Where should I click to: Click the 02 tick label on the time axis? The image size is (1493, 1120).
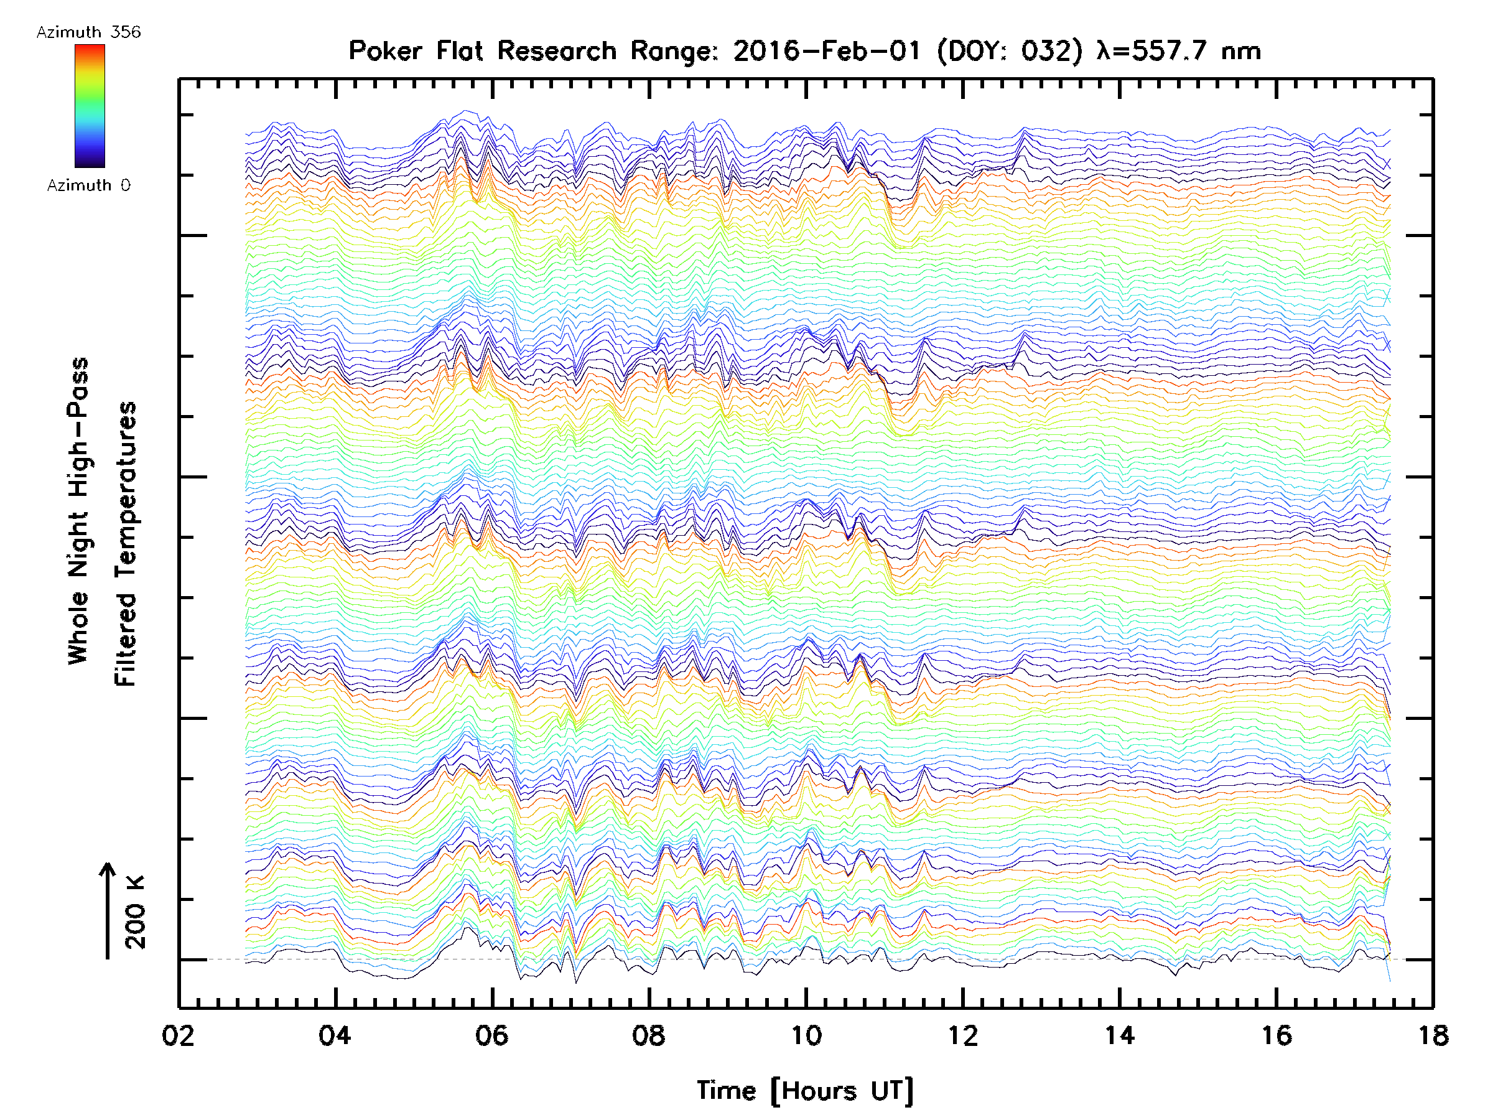(x=178, y=1035)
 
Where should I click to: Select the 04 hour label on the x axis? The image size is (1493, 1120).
(x=335, y=1035)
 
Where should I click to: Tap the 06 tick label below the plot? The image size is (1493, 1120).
(x=491, y=1035)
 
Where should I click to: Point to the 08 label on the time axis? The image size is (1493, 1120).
(x=649, y=1035)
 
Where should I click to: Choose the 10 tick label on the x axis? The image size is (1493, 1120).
(x=805, y=1035)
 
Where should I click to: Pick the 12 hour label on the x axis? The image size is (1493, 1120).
(x=962, y=1035)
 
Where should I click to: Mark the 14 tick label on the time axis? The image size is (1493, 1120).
(x=1119, y=1035)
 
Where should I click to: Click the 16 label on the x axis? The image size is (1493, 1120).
(x=1277, y=1035)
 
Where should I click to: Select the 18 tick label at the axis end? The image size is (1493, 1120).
(x=1432, y=1035)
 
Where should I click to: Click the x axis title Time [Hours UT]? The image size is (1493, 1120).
(x=804, y=1091)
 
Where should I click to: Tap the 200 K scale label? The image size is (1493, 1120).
(x=135, y=912)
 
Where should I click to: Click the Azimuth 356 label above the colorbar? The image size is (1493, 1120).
(x=88, y=32)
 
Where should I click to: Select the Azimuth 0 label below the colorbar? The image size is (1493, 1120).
(x=88, y=185)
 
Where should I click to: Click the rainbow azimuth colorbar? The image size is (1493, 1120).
(x=90, y=106)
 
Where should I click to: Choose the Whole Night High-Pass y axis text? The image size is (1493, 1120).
(x=78, y=511)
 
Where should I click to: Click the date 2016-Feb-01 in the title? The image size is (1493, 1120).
(x=827, y=51)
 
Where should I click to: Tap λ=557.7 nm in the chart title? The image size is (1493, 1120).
(x=1178, y=51)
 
